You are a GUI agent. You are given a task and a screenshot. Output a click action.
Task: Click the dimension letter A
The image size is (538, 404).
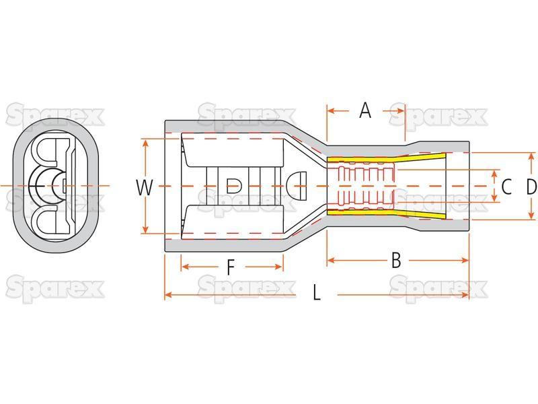[365, 110]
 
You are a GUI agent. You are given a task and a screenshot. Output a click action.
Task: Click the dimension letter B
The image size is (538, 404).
[396, 260]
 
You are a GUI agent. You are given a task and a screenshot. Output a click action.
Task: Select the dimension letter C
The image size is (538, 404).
[506, 187]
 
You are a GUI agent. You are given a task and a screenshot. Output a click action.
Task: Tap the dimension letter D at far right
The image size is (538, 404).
[531, 187]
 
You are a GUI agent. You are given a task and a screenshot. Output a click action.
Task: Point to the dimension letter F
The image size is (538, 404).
[231, 267]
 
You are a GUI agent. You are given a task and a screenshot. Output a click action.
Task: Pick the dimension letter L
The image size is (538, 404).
[317, 293]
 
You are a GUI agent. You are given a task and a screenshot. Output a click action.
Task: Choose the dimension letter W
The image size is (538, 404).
[145, 188]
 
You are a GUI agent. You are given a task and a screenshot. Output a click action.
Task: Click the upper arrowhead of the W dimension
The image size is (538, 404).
[146, 142]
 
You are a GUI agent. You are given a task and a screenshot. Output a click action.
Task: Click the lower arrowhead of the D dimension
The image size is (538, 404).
[531, 215]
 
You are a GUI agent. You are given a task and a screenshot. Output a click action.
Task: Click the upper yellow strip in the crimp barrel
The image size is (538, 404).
[386, 159]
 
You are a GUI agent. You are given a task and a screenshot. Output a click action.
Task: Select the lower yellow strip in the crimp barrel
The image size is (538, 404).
[386, 213]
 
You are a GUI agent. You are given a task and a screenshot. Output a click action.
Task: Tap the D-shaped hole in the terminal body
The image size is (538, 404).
[234, 186]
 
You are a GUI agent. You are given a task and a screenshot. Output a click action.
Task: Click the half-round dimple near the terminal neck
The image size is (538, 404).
[296, 186]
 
